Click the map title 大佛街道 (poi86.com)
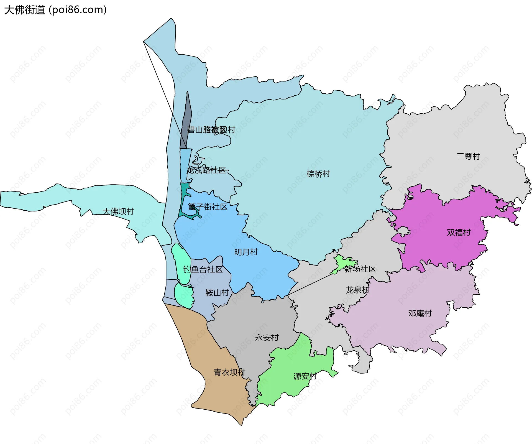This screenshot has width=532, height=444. (x=55, y=10)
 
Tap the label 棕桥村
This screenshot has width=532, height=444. (x=318, y=174)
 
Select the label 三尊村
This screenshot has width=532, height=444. (x=468, y=157)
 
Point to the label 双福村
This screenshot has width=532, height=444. (x=459, y=233)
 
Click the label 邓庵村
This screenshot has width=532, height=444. (x=420, y=313)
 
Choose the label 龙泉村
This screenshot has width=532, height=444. (x=357, y=290)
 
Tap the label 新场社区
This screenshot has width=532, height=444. (x=360, y=269)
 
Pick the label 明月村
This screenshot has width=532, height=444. (x=246, y=252)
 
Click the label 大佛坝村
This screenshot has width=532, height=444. (x=118, y=211)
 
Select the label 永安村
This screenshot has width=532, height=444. (x=267, y=338)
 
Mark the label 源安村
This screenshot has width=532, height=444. (x=305, y=376)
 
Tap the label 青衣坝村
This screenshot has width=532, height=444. (x=229, y=372)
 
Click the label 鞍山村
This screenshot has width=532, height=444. (x=217, y=293)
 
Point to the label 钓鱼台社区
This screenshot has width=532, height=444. (x=203, y=269)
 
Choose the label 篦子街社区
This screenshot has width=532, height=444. (x=208, y=207)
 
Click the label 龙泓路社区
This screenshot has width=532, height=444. (x=206, y=170)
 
